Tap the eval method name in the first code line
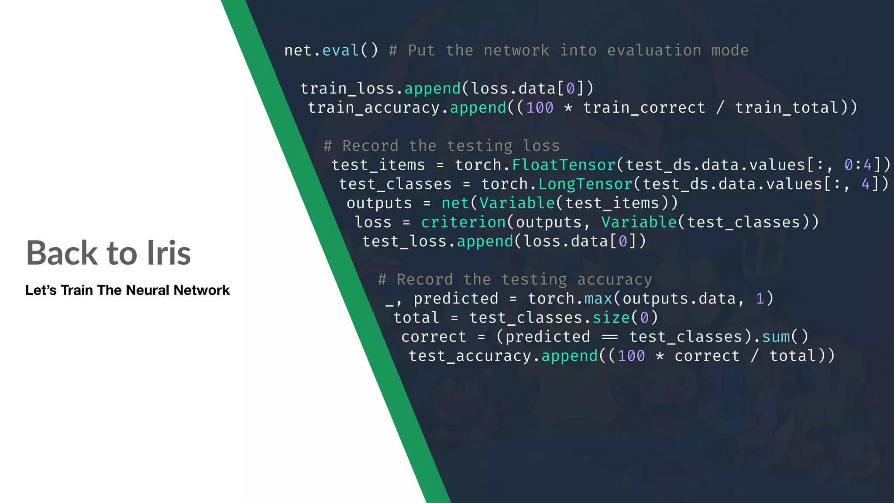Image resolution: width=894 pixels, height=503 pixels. (x=340, y=51)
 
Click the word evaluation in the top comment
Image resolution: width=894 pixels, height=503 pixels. (x=654, y=51)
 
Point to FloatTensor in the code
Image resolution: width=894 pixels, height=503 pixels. (x=563, y=165)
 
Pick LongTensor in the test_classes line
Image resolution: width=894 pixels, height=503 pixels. (x=585, y=184)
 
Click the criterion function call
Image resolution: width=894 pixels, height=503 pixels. (x=463, y=222)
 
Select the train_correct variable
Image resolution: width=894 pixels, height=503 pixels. (x=644, y=108)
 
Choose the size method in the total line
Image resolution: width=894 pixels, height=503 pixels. (x=611, y=318)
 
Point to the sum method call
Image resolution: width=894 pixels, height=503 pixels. (x=776, y=337)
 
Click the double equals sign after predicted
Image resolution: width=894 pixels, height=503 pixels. (x=609, y=337)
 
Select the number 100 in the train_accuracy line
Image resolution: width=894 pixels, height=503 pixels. (x=540, y=108)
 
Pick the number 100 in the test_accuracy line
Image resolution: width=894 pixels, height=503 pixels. (x=631, y=356)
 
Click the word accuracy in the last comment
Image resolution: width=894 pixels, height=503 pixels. (x=615, y=279)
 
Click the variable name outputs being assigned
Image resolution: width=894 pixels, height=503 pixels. (x=379, y=203)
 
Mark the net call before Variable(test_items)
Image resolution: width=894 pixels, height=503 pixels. (x=455, y=203)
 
